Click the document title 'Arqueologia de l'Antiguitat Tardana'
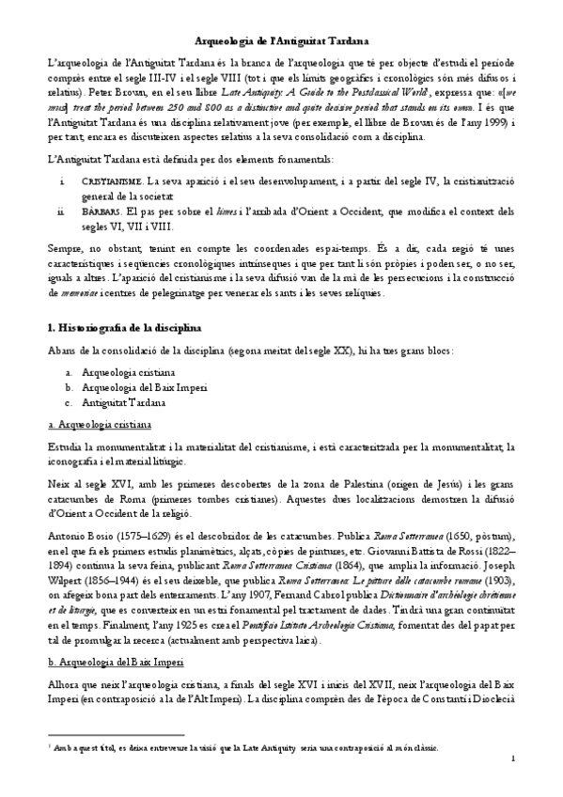[281, 41]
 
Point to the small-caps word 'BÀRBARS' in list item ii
[102, 214]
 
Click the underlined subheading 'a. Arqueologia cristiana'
[96, 424]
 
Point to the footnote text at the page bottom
[264, 747]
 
